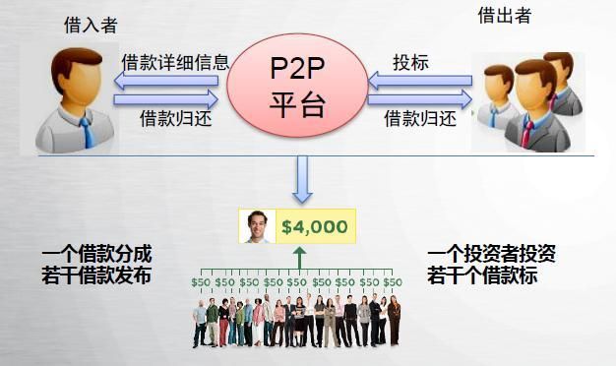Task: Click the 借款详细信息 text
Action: tap(176, 62)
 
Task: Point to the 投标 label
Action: tap(410, 62)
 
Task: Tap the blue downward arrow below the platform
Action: tap(301, 179)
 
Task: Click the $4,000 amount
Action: tap(314, 227)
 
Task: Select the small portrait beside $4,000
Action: tap(258, 227)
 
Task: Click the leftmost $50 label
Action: tap(201, 282)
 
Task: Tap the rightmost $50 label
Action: tap(393, 282)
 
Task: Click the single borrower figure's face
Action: tap(78, 79)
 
